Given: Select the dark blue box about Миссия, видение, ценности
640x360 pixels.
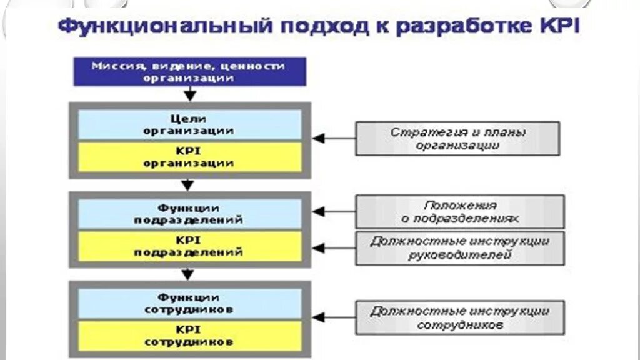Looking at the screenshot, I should pos(189,71).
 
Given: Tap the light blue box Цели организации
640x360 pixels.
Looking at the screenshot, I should pos(189,124).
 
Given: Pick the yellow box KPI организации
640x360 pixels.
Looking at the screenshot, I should pos(189,157).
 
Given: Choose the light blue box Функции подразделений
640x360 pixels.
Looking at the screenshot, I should pos(189,214).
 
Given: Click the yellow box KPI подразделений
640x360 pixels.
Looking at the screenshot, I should pos(189,246).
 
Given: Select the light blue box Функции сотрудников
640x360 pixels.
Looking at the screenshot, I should pos(189,303).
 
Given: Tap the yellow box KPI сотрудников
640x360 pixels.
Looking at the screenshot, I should pos(189,336).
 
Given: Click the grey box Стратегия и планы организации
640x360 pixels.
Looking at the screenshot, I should pos(457,138).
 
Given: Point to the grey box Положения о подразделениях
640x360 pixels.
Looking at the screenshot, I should pos(460,211).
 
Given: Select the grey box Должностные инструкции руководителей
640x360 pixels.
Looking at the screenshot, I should pos(460,247).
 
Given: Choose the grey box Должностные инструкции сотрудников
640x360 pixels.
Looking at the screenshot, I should pos(460,317).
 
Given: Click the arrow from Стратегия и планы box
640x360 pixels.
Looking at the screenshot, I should pos(334,138).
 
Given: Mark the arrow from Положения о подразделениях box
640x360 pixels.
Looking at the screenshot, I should pos(334,212).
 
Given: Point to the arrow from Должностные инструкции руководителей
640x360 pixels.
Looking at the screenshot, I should pos(334,248).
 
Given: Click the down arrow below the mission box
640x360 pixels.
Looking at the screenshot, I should pos(190,94).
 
